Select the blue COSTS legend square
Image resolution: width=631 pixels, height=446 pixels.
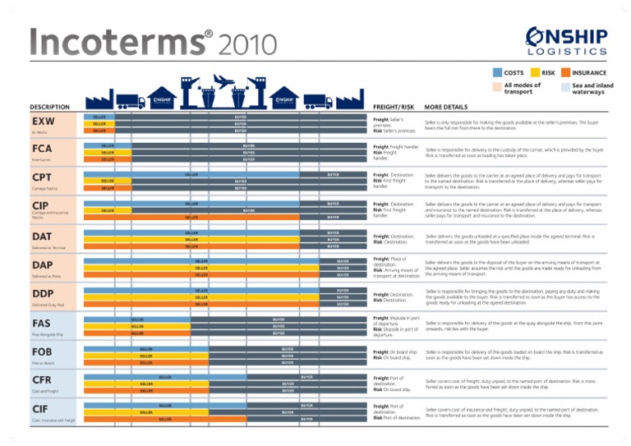click(496, 73)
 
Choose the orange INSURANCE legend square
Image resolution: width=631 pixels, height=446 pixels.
click(566, 73)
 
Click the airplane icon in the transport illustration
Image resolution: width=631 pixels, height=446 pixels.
click(223, 80)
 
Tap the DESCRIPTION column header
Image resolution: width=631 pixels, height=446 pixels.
click(49, 106)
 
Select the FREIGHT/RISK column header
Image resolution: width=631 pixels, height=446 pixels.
click(392, 106)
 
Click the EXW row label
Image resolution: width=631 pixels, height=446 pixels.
click(43, 122)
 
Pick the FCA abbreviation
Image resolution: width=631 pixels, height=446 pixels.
click(43, 149)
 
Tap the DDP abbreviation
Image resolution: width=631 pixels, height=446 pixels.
click(44, 294)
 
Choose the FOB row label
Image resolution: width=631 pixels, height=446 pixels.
click(43, 352)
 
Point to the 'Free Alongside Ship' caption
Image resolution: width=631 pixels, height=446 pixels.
click(48, 335)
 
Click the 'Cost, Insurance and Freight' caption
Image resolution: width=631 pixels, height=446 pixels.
click(53, 421)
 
